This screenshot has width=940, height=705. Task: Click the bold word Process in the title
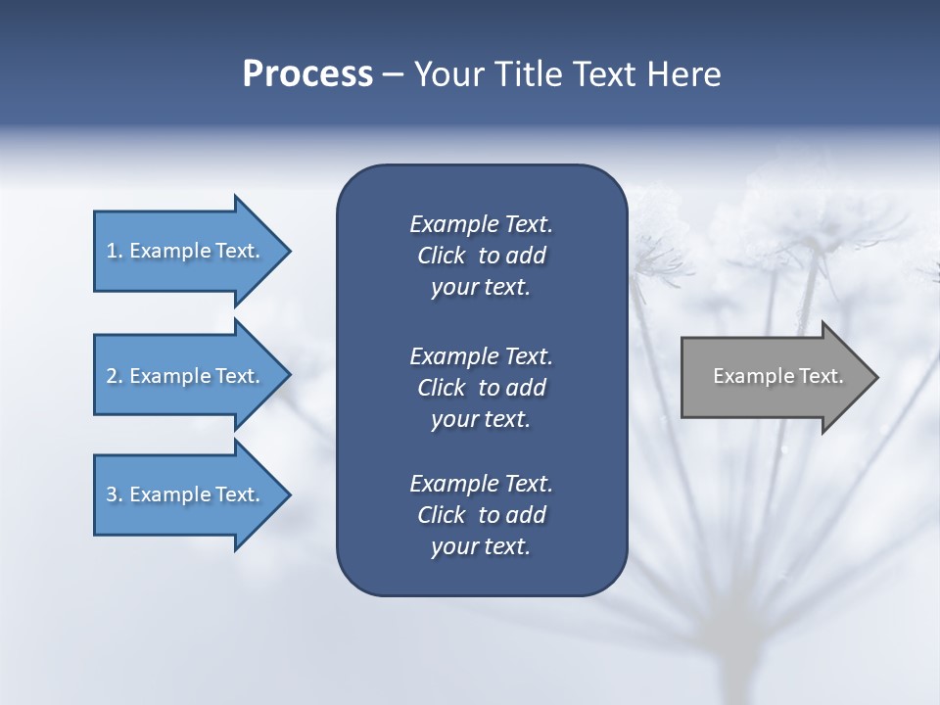(307, 74)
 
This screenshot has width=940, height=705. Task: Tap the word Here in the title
(684, 74)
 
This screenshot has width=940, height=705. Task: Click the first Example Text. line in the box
(481, 224)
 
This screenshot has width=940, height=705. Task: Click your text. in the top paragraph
(481, 288)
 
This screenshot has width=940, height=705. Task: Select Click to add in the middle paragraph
(481, 388)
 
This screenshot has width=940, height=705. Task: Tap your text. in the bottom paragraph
(481, 547)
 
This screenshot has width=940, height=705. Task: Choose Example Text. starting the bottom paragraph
(481, 484)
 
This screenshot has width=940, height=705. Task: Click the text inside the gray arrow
(777, 376)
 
